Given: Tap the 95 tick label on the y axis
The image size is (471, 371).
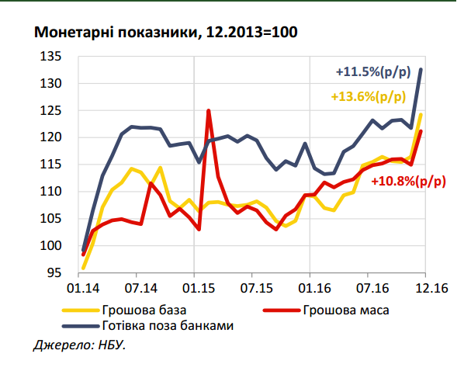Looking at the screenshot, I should (x=54, y=272).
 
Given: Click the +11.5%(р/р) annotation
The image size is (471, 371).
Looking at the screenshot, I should (x=373, y=72).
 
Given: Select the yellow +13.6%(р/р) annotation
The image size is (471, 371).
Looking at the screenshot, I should (x=368, y=97).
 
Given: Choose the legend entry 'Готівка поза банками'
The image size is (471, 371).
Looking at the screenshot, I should (x=167, y=326).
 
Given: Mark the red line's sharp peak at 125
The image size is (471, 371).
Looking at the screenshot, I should (x=209, y=111).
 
